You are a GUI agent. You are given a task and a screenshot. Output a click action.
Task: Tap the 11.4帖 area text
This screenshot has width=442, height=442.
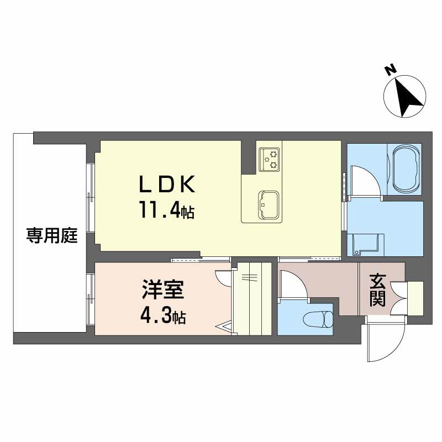pos(165,211)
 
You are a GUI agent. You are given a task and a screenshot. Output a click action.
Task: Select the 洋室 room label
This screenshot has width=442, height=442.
pos(159,290)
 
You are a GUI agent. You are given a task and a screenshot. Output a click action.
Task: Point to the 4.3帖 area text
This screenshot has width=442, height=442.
pos(160,317)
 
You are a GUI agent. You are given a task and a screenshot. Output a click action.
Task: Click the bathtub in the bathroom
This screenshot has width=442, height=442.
pos(405,166)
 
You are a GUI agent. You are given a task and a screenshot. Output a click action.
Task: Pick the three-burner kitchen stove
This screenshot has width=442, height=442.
pos(270,160)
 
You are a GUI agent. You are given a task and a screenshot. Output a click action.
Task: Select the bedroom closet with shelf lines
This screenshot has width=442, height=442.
pos(251,298)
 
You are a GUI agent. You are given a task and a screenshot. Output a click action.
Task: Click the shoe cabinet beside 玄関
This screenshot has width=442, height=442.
pos(415,298)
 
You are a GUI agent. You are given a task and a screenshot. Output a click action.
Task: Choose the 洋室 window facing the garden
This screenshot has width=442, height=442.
pos(90,298)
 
